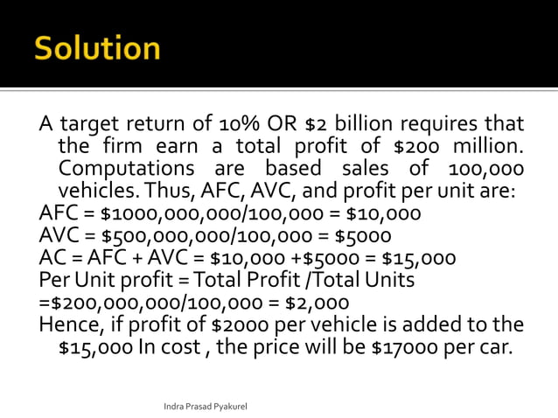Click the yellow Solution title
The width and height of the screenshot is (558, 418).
(x=97, y=47)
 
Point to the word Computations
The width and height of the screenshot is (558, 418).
(x=125, y=168)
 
